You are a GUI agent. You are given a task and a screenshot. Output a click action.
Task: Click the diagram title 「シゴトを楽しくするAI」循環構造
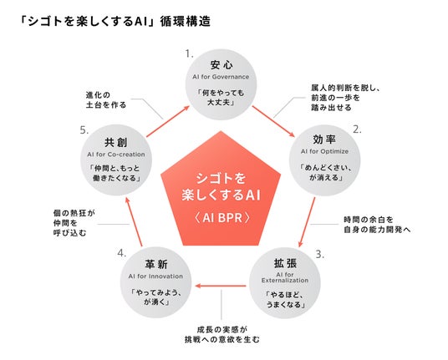(x=115, y=22)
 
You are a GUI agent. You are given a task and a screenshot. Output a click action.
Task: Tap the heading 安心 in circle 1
(x=221, y=65)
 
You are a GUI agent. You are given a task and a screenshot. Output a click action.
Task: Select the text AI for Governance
(x=221, y=77)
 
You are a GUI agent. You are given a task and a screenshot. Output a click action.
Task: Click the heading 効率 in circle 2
(x=324, y=139)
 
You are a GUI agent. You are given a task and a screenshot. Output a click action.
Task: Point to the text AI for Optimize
(x=324, y=151)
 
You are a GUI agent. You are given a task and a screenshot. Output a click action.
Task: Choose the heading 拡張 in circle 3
(x=285, y=263)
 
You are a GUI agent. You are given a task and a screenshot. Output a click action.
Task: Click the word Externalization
(x=285, y=281)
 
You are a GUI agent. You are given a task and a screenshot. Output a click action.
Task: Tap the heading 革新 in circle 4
(x=156, y=264)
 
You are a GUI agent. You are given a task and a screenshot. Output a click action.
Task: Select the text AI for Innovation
(x=155, y=276)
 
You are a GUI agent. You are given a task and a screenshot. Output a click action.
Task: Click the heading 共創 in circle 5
(x=115, y=142)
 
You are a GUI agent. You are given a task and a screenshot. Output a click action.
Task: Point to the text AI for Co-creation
(x=116, y=155)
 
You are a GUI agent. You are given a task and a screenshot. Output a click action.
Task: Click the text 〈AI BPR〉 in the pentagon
(x=221, y=218)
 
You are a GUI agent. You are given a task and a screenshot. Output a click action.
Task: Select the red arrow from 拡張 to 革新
(x=221, y=286)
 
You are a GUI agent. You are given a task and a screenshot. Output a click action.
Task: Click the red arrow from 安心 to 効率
(x=273, y=121)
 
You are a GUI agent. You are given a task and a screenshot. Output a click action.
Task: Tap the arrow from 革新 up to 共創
(x=134, y=221)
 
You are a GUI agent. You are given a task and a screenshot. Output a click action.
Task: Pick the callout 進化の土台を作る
(x=106, y=100)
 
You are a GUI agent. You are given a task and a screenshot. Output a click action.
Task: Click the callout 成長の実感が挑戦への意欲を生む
(x=222, y=335)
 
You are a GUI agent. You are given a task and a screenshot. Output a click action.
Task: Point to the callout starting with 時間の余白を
(x=377, y=225)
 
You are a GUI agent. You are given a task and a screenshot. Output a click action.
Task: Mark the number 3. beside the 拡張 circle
(x=320, y=254)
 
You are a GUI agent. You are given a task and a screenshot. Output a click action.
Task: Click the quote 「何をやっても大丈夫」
(x=221, y=98)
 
